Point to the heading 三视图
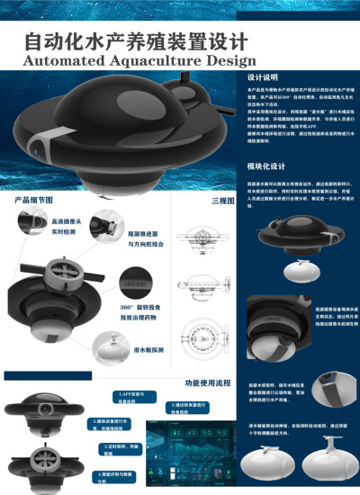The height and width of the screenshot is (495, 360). [222, 199]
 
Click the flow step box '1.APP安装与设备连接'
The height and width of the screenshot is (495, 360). [135, 396]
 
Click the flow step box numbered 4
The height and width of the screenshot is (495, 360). [116, 474]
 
